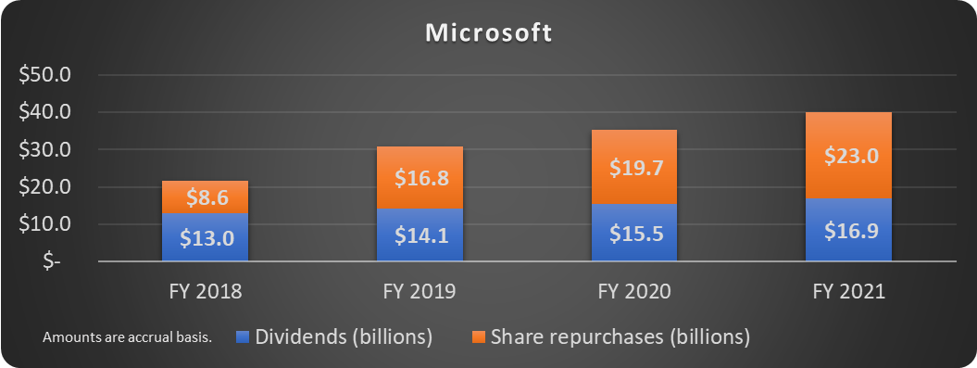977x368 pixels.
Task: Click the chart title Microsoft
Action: click(x=488, y=34)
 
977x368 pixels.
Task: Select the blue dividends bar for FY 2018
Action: click(x=205, y=237)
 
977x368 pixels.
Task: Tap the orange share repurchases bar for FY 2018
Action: click(x=205, y=197)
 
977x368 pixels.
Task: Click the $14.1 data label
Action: click(x=420, y=235)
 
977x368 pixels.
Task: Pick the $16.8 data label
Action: click(x=420, y=177)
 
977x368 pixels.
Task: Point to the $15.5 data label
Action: click(x=634, y=233)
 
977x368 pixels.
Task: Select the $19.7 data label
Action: click(x=634, y=167)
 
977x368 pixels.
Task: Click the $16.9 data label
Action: click(x=848, y=231)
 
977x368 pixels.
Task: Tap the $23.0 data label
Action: click(x=848, y=156)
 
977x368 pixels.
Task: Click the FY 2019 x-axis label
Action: click(x=420, y=291)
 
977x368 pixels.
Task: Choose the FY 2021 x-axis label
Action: click(x=848, y=291)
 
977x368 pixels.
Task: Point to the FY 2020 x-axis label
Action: click(x=634, y=291)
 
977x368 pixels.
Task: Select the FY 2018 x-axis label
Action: click(x=205, y=291)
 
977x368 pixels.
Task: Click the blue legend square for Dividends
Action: click(x=242, y=337)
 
